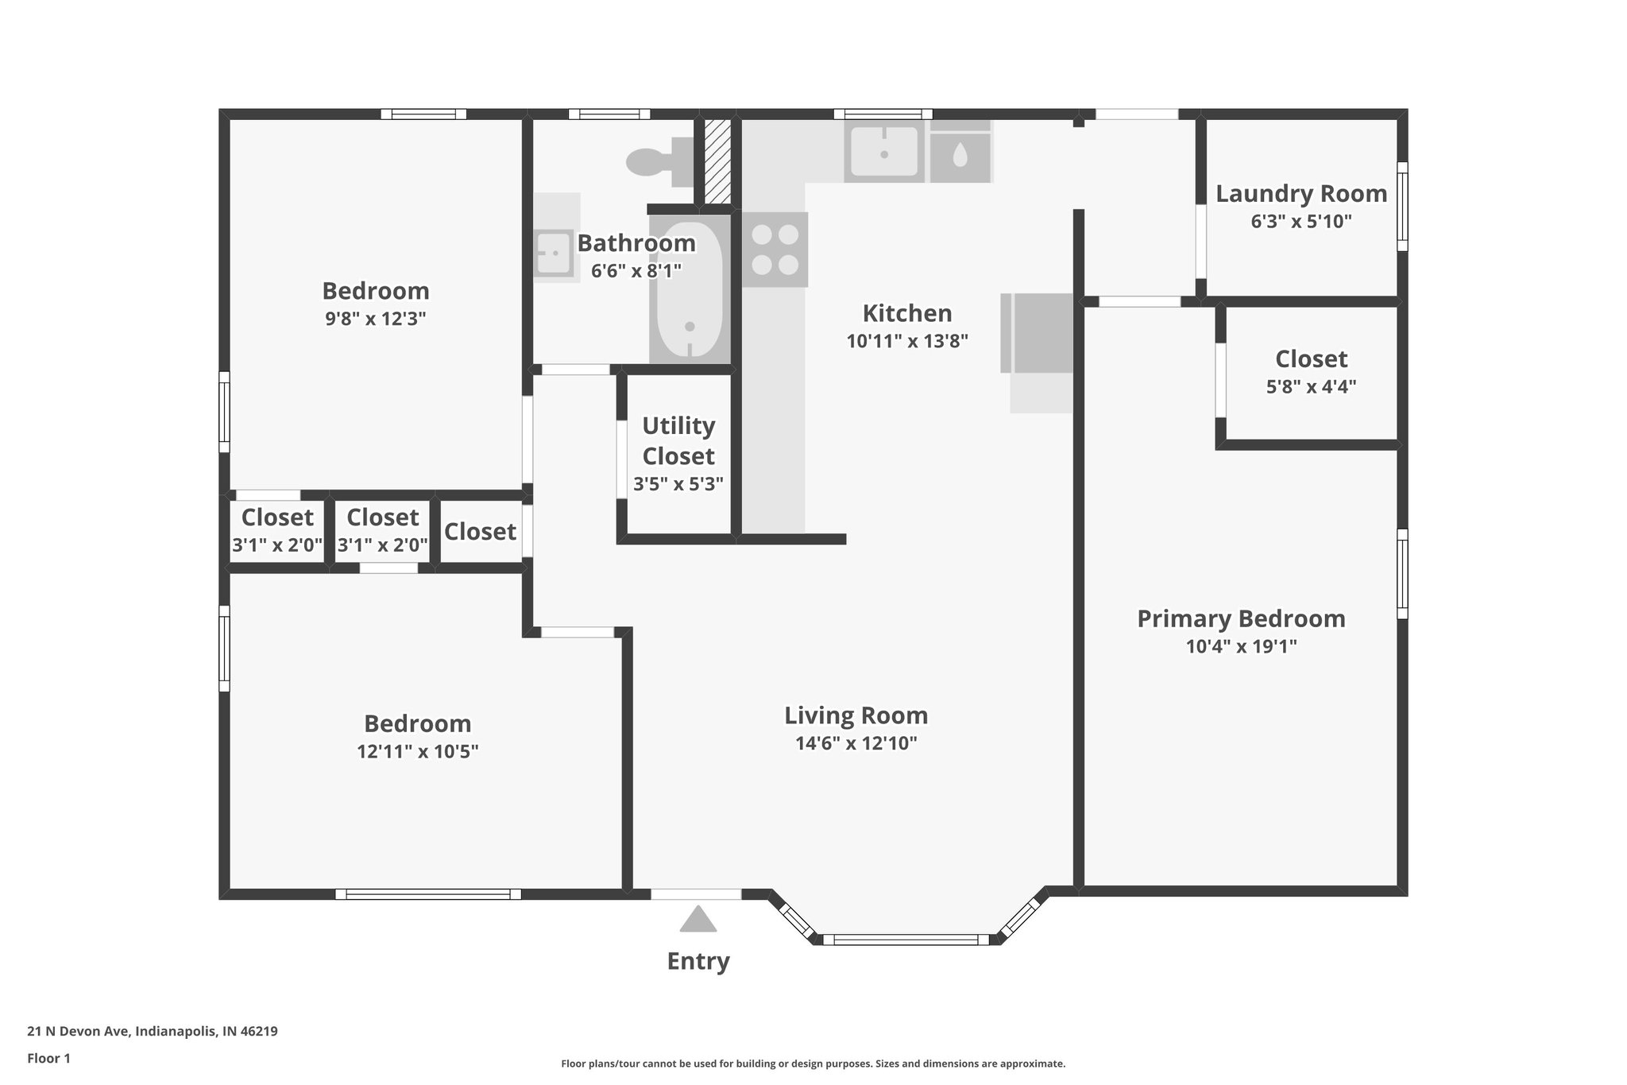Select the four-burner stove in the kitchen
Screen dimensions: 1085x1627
pyautogui.click(x=775, y=249)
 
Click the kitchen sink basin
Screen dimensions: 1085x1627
pyautogui.click(x=883, y=151)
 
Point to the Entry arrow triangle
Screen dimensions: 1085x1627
pyautogui.click(x=698, y=920)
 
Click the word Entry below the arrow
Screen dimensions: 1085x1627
pyautogui.click(x=698, y=961)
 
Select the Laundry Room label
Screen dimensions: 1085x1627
pyautogui.click(x=1300, y=194)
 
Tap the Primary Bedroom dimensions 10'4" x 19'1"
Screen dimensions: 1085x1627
pyautogui.click(x=1241, y=646)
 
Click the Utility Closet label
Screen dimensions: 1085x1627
pyautogui.click(x=678, y=441)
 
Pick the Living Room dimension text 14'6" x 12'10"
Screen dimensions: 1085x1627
pyautogui.click(x=856, y=743)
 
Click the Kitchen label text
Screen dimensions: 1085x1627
pyautogui.click(x=906, y=313)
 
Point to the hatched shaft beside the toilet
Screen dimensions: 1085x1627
pyautogui.click(x=717, y=161)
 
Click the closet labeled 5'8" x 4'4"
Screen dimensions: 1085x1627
pyautogui.click(x=1311, y=372)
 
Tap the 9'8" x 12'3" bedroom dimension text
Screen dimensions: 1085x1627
pyautogui.click(x=375, y=319)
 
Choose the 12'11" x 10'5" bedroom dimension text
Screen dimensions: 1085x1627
pyautogui.click(x=417, y=751)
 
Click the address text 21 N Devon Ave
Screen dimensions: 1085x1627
pyautogui.click(x=152, y=1032)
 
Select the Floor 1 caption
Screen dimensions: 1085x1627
pyautogui.click(x=48, y=1058)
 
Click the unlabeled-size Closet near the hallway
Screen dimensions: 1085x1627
pyautogui.click(x=480, y=531)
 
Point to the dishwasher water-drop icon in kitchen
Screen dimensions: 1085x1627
pyautogui.click(x=960, y=155)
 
